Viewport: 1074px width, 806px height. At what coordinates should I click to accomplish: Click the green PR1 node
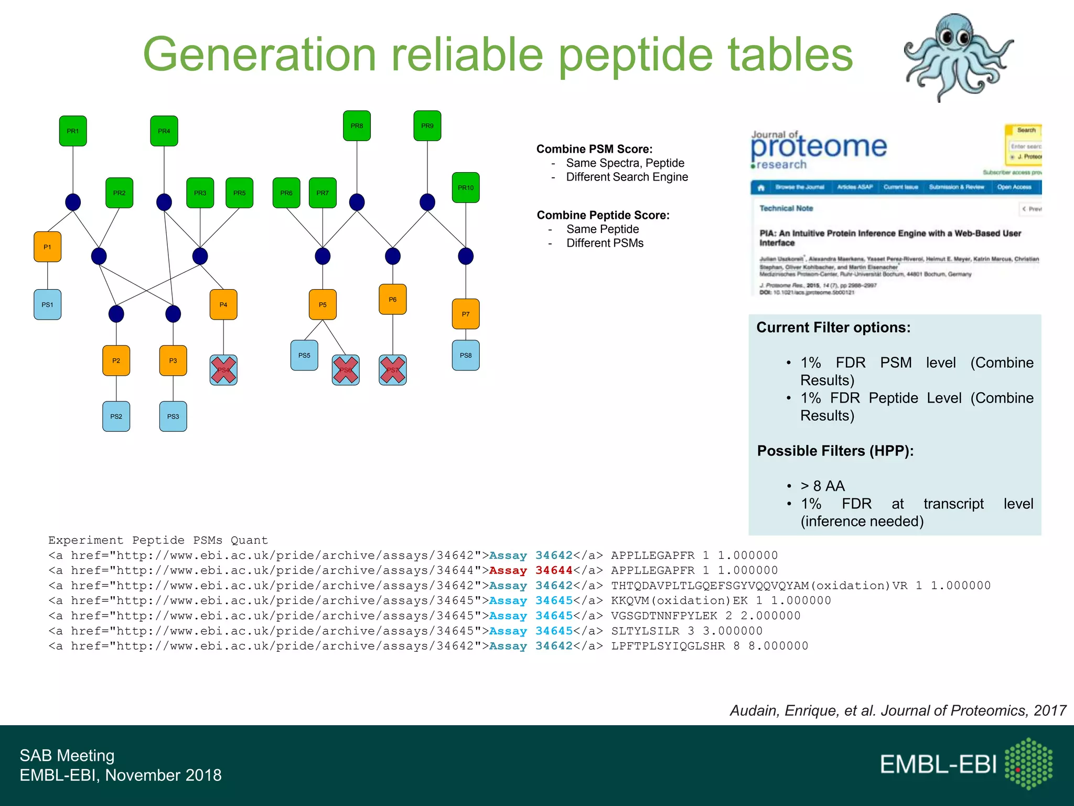pos(73,131)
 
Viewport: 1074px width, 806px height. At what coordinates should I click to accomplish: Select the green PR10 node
pos(465,187)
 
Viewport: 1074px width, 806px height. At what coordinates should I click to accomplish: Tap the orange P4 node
pos(223,304)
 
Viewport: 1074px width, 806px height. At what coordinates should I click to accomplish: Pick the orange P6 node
pos(392,299)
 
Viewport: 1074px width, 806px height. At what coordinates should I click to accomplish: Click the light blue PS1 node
pos(47,304)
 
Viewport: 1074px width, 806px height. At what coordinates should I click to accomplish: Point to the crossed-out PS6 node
pos(346,370)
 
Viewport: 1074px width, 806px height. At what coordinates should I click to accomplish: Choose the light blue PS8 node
pos(465,355)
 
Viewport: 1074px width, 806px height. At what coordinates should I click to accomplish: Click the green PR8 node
pos(357,126)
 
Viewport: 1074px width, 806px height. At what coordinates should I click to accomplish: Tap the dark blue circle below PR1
pos(73,202)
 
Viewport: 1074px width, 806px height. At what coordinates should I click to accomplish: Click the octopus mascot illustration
pos(958,57)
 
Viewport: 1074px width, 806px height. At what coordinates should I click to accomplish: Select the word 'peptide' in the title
pos(635,55)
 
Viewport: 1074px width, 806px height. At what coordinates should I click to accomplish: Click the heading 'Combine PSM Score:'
pos(594,149)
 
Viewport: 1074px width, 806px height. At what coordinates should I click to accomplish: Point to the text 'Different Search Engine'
pos(627,177)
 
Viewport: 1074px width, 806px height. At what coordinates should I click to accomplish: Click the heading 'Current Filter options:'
pos(833,327)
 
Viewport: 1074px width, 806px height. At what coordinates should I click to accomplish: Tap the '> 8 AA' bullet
pos(822,486)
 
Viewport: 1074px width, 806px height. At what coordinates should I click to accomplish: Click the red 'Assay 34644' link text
pos(530,570)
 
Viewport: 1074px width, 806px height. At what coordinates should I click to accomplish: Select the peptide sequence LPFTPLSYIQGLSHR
pos(668,646)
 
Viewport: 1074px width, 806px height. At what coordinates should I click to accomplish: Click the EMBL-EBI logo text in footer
pos(938,764)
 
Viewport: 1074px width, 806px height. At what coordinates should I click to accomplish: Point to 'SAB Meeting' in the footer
pos(67,755)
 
